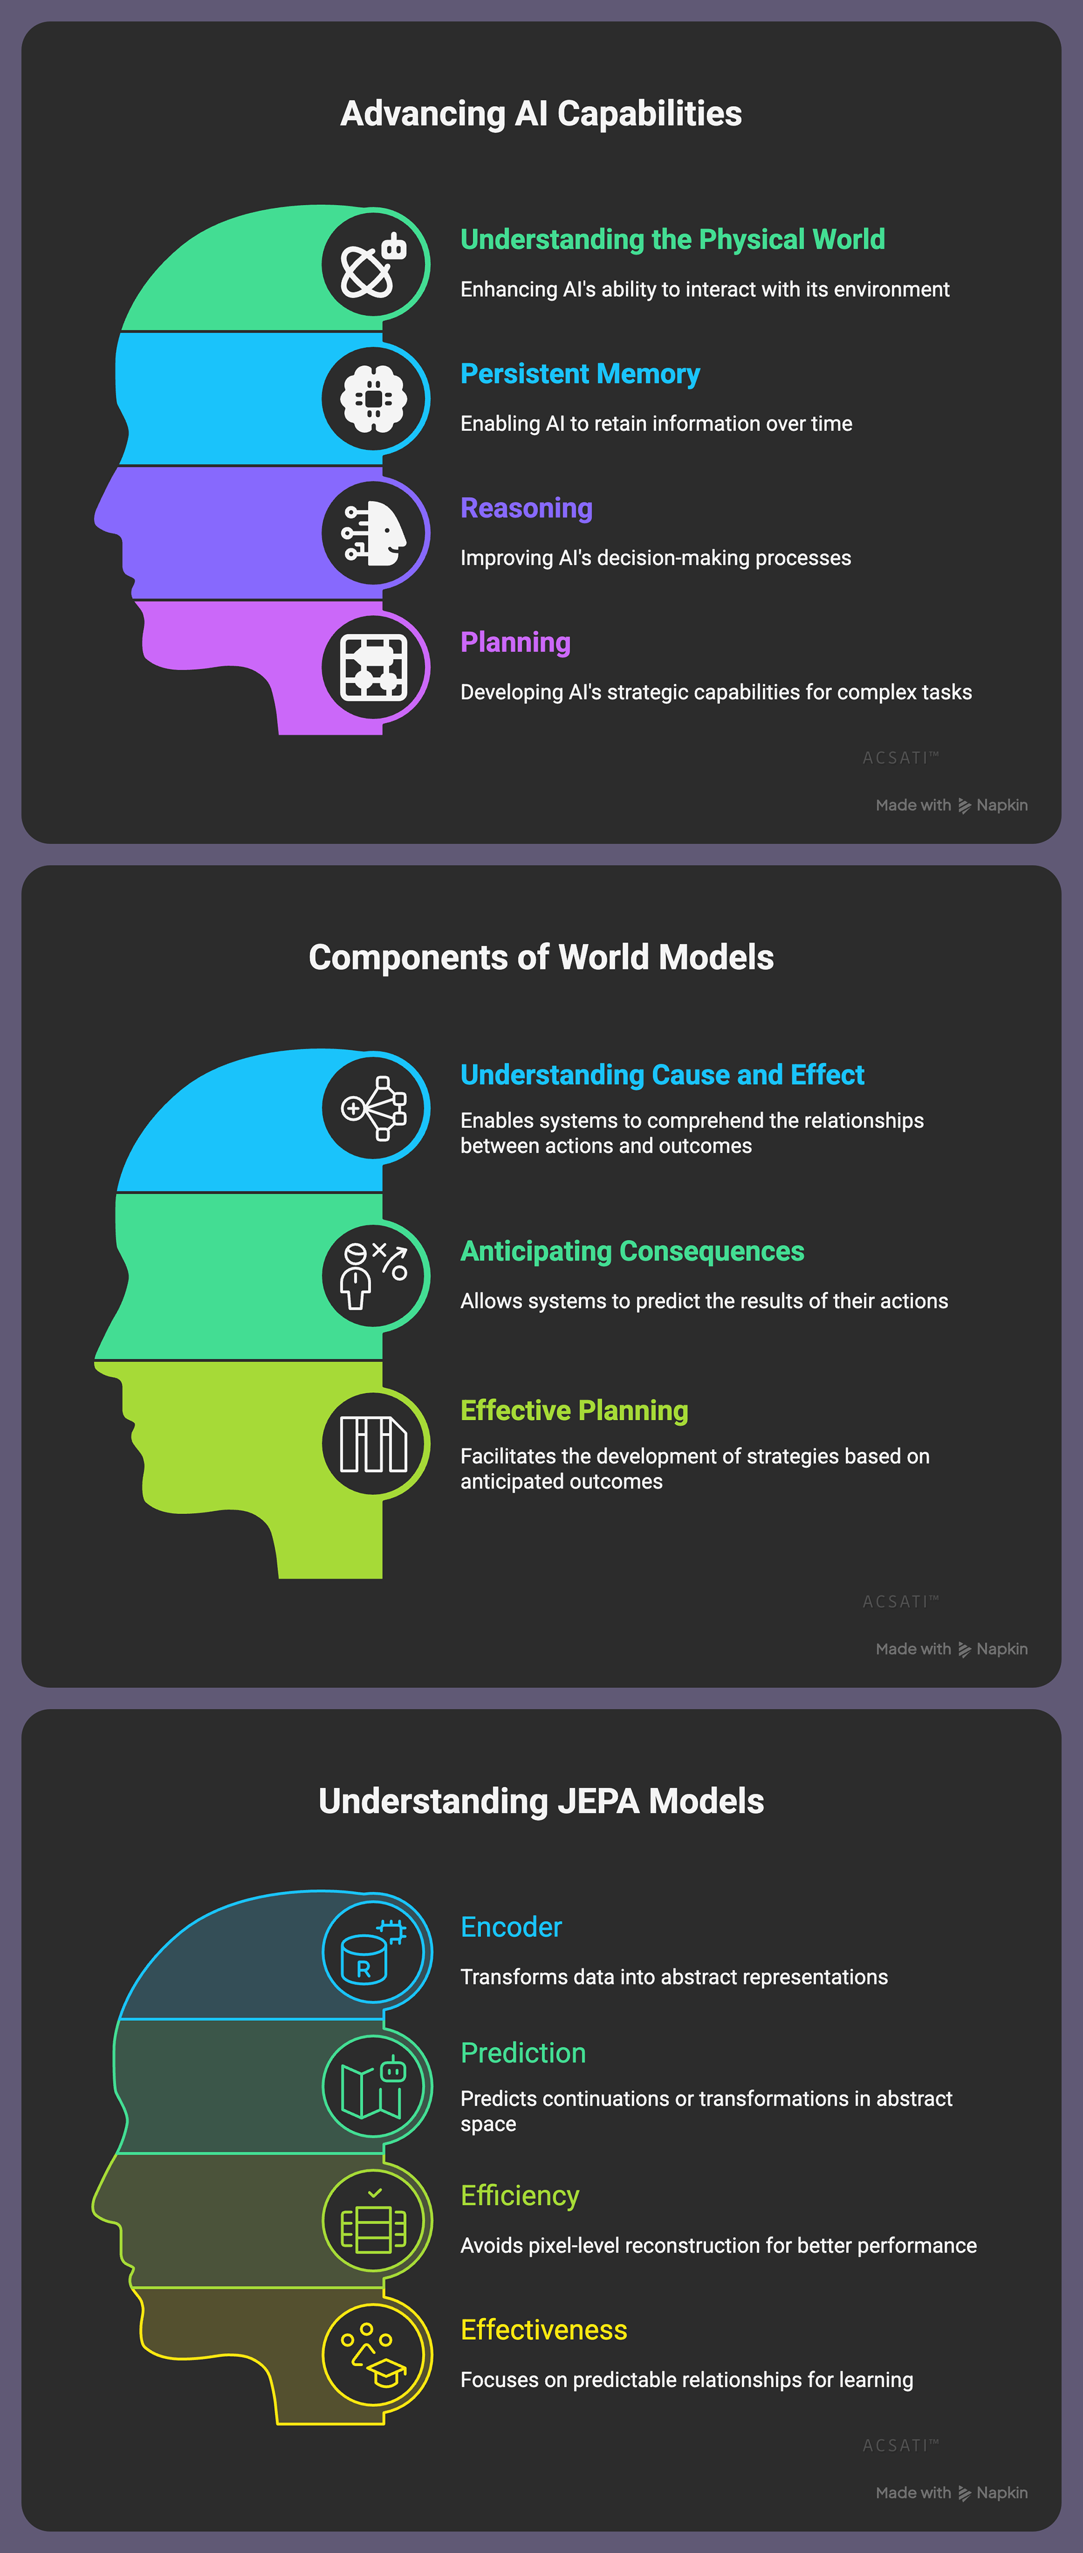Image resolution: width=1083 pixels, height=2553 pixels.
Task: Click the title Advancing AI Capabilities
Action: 541,114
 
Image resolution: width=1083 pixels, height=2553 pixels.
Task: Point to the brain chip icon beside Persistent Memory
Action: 373,398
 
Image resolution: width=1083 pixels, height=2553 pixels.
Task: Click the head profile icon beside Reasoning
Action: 373,533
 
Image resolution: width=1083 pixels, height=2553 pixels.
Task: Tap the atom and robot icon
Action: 373,265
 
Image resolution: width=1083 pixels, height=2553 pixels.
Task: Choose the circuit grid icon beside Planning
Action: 373,667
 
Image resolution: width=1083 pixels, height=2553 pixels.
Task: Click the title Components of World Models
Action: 541,957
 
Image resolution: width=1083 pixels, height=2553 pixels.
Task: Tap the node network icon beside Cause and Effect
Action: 373,1108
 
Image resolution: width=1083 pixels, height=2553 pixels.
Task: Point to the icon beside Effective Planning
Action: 373,1444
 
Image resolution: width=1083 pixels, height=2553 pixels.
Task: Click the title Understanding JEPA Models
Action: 541,1801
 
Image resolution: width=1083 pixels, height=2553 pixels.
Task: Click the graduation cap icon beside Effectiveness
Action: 373,2355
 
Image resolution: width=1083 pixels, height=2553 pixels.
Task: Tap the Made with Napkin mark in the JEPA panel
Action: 951,2493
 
